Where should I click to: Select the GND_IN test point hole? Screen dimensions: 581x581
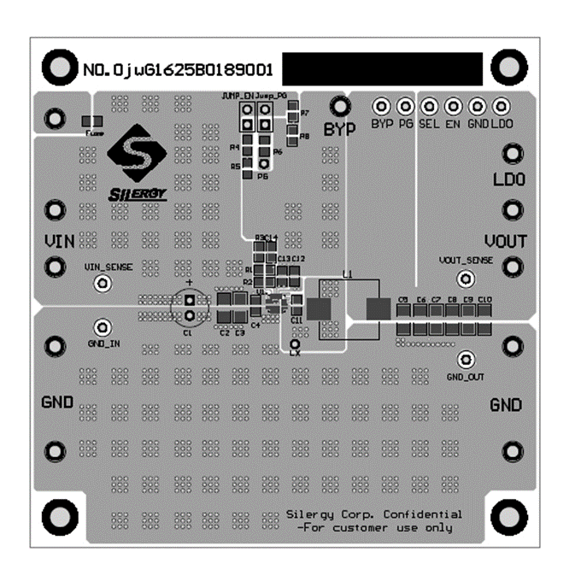[x=103, y=327]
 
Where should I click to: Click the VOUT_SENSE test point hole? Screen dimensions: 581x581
[x=466, y=279]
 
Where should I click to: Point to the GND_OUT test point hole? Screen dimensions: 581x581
[x=466, y=359]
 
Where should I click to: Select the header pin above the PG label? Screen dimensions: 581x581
[x=405, y=107]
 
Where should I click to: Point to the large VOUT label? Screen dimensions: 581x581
[x=506, y=241]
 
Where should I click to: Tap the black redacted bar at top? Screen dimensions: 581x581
[x=381, y=67]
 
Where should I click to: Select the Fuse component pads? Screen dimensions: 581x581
[x=92, y=122]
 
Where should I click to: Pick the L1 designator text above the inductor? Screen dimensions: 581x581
[x=347, y=274]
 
